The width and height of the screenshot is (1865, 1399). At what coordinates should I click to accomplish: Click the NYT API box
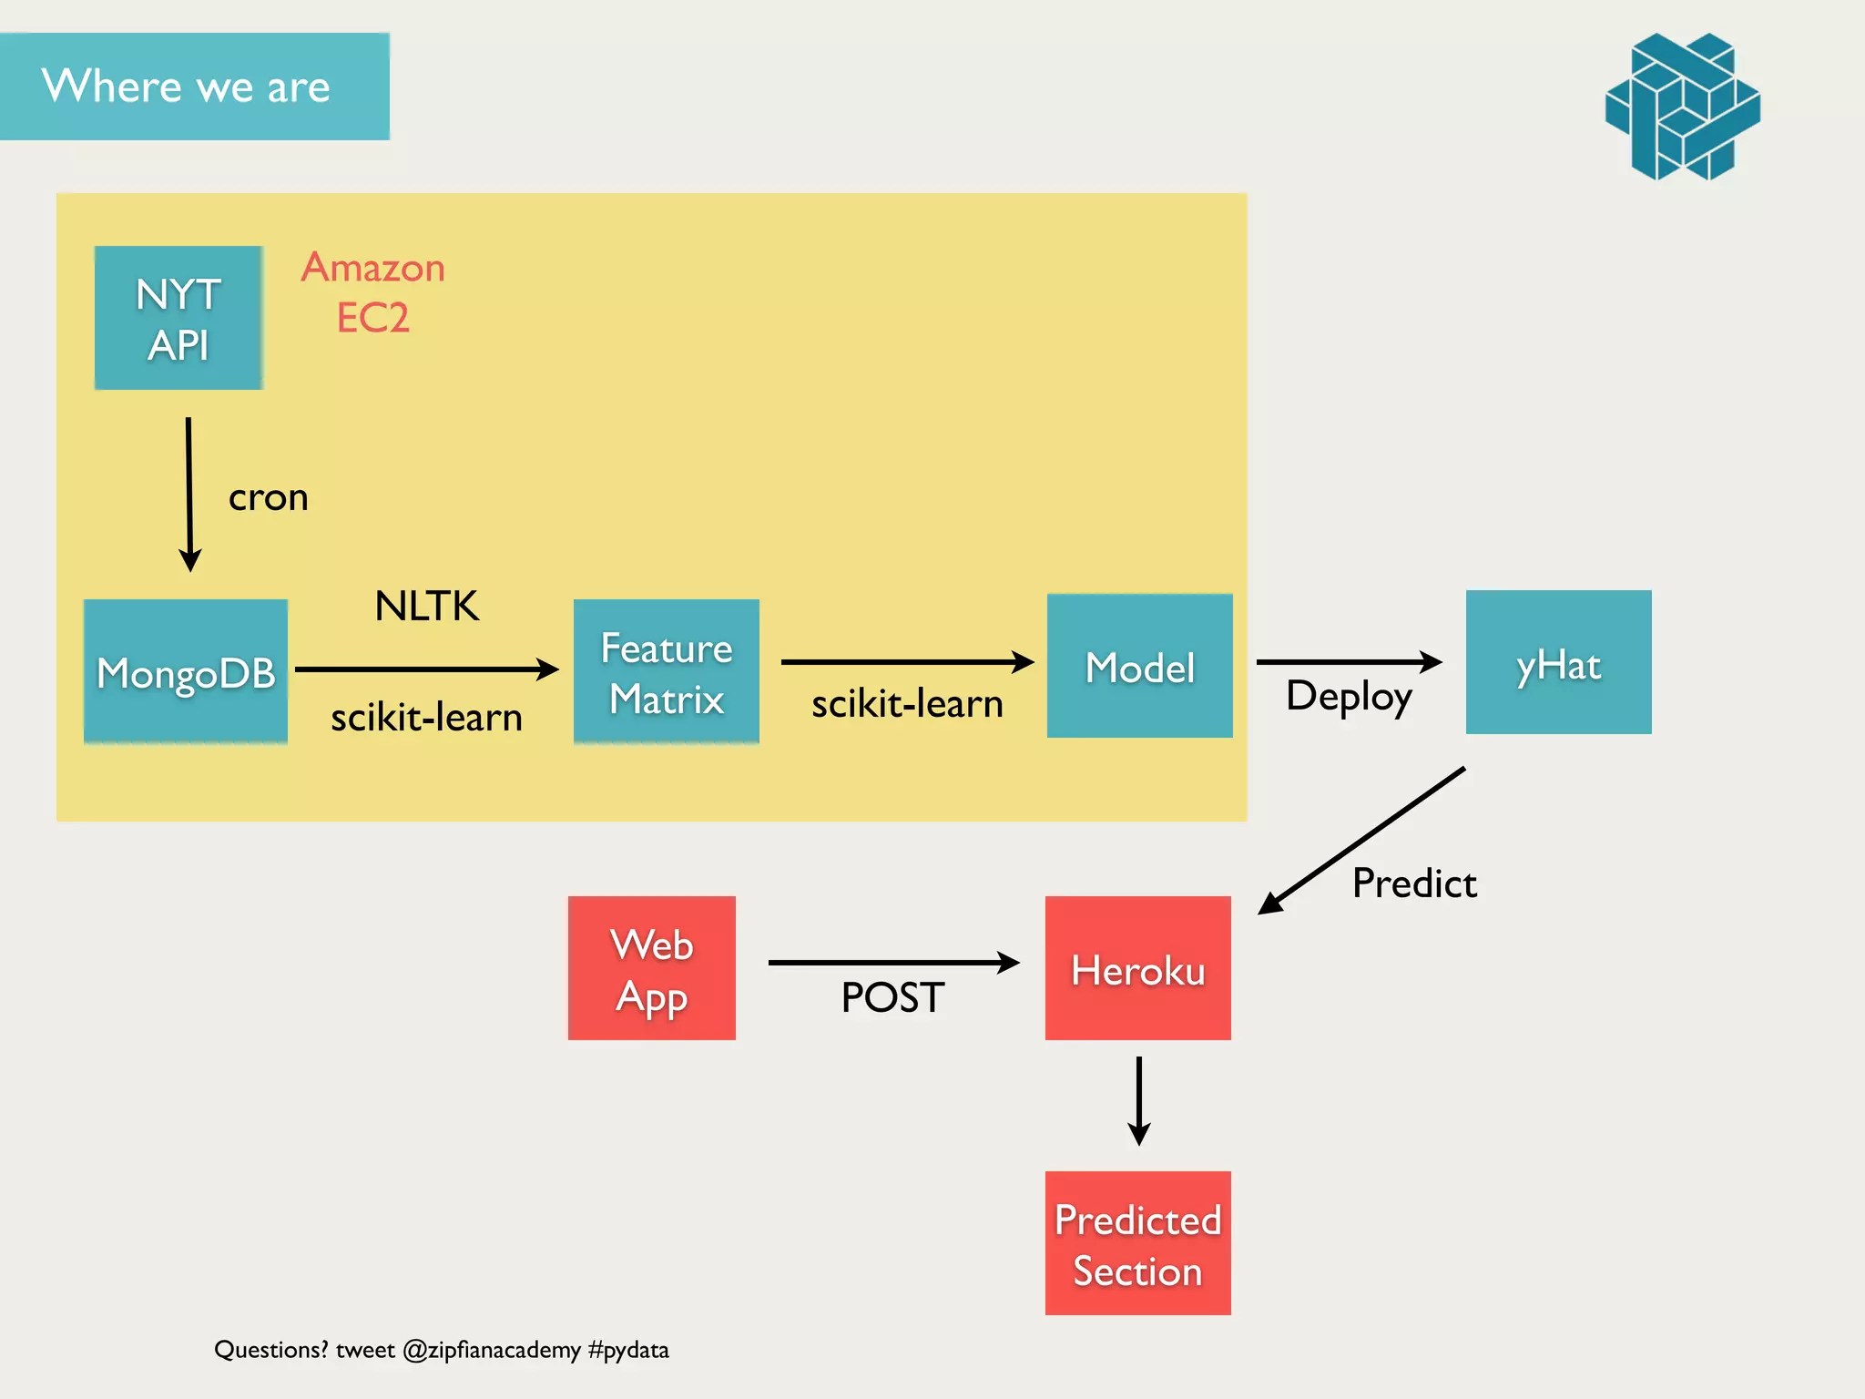coord(178,318)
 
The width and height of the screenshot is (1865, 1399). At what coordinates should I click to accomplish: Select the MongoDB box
coord(186,671)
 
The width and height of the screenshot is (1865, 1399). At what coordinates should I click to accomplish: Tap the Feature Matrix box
coord(667,671)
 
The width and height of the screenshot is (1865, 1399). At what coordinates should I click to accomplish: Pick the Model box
coord(1139,666)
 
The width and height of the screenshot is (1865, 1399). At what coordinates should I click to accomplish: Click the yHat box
coord(1558,662)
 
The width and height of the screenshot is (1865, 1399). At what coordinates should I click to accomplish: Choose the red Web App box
coord(652,968)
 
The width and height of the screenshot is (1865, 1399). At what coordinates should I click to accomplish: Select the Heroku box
coord(1138,968)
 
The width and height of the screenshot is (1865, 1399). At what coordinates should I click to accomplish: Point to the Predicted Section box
coord(1138,1243)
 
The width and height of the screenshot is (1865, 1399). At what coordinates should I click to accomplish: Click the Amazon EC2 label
coord(373,292)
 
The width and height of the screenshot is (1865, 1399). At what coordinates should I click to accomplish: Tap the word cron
coord(268,498)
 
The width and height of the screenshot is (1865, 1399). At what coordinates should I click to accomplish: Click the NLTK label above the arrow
coord(426,607)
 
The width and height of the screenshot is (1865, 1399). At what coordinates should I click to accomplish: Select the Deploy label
coord(1349,697)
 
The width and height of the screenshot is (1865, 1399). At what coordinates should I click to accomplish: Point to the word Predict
coord(1414,883)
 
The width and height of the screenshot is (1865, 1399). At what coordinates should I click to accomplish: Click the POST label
coord(892,997)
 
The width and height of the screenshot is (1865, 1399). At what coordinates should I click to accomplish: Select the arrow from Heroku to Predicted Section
coord(1138,1100)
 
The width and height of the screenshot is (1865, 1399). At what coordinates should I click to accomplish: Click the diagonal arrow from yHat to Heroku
coord(1362,840)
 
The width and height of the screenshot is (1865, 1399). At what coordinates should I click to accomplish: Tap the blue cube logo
coord(1683,107)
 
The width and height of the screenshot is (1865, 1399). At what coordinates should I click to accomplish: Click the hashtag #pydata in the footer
coord(628,1350)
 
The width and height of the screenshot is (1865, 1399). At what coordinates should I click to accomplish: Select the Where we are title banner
coord(194,87)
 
